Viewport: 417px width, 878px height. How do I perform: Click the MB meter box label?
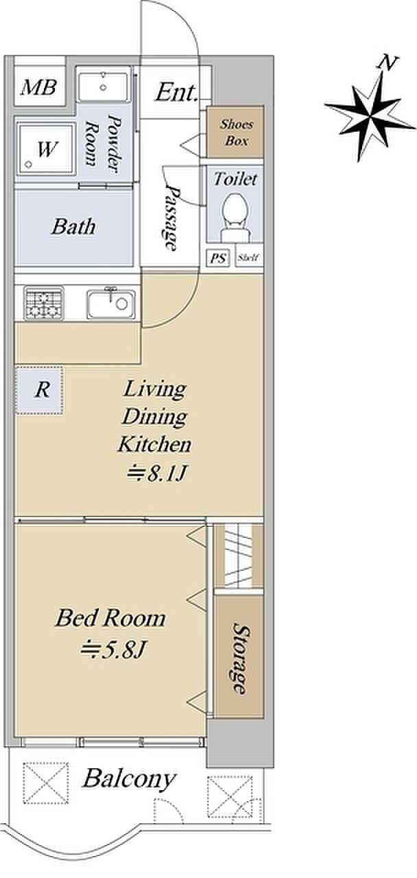38,87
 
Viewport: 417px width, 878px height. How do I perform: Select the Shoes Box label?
236,132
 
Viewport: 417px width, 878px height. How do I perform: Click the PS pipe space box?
218,258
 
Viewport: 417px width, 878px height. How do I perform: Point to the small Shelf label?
248,257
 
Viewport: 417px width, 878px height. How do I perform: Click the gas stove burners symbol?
43,302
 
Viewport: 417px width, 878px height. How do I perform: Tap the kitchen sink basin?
111,304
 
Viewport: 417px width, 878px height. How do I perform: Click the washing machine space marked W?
46,149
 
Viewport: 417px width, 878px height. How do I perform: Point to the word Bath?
73,227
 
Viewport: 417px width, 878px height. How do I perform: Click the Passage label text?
171,217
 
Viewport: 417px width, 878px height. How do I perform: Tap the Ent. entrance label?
176,93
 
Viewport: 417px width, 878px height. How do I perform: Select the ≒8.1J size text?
156,474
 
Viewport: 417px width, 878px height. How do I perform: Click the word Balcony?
129,779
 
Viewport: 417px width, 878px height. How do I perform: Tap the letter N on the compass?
388,62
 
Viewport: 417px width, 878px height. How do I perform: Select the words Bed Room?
110,618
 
